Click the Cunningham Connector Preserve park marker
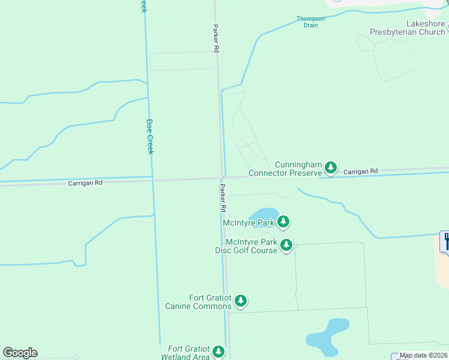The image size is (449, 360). point(330,167)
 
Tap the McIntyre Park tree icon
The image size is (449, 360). point(283,222)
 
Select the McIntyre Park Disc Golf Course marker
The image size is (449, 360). point(286,245)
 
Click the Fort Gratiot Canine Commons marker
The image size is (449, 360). point(241,301)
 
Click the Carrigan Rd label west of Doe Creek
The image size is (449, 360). point(85,182)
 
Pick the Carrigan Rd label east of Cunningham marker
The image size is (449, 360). point(361,172)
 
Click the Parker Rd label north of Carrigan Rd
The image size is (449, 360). point(215,39)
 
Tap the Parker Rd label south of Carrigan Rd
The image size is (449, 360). point(223,198)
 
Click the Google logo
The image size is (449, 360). point(20,353)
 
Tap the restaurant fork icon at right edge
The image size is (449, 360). point(445,241)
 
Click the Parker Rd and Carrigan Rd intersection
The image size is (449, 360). point(221,178)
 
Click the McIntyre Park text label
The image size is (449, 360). point(248,223)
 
